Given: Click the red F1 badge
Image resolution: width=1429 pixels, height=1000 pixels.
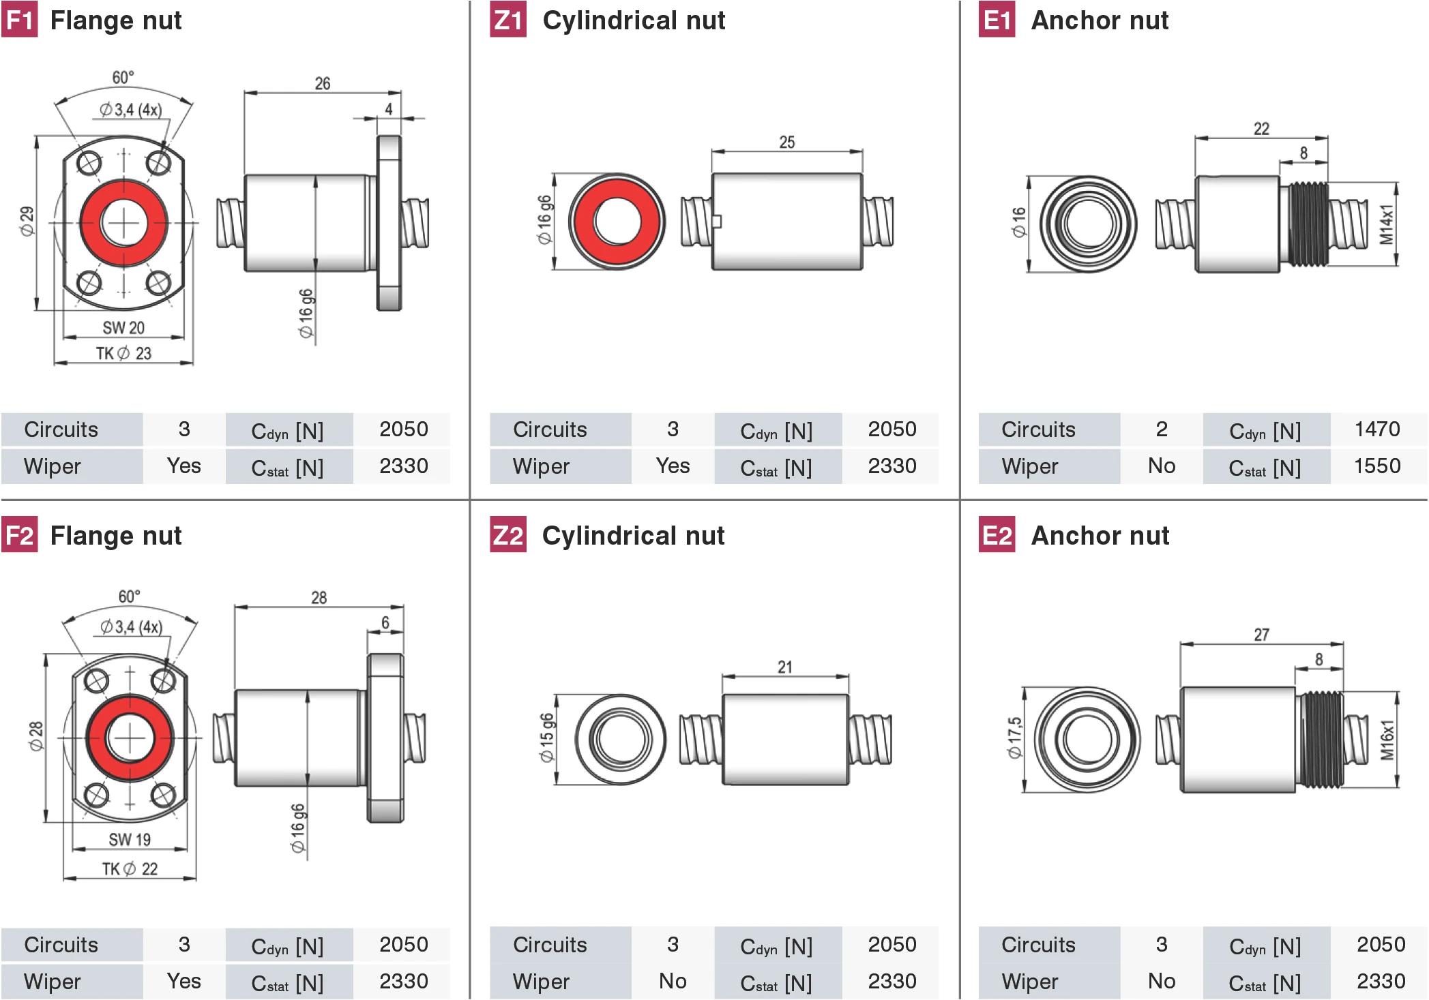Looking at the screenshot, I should click(19, 20).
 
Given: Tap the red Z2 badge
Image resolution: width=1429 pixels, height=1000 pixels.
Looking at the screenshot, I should click(508, 535).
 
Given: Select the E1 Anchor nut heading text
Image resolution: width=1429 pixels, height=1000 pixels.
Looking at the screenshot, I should click(1099, 20).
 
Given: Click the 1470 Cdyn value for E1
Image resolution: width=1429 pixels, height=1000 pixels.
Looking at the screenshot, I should click(1376, 429).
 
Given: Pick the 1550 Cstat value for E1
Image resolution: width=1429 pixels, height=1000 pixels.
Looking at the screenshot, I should click(1376, 466).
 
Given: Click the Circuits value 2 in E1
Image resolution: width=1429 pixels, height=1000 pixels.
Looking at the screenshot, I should click(1161, 429).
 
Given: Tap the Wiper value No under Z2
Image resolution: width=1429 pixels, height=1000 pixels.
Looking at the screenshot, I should click(673, 981).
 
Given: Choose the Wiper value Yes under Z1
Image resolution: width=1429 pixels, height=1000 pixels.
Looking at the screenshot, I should click(673, 466).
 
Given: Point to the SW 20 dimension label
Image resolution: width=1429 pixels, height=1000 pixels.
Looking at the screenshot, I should click(123, 328).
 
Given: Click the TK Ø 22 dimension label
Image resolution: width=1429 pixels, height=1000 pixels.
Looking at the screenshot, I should click(130, 868).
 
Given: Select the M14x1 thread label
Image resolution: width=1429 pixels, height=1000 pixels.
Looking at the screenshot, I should click(1386, 224).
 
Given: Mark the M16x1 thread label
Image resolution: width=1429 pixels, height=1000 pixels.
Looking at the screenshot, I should click(1387, 740).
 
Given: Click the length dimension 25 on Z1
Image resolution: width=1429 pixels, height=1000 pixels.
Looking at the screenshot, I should click(786, 142).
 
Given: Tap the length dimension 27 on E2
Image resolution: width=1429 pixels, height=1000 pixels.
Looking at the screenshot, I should click(1261, 635).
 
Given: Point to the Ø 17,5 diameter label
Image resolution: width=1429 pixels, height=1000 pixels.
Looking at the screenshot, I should click(1014, 738).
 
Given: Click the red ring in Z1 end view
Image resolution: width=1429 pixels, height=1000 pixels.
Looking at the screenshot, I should click(583, 222).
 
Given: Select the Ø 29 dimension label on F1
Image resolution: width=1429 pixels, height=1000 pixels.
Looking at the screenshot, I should click(26, 222).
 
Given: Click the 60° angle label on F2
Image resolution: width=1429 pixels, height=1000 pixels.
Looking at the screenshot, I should click(129, 596).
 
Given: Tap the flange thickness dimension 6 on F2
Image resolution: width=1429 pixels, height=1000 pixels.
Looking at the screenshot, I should click(385, 622).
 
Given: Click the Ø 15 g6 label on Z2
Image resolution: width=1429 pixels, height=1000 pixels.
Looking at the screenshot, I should click(546, 738).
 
